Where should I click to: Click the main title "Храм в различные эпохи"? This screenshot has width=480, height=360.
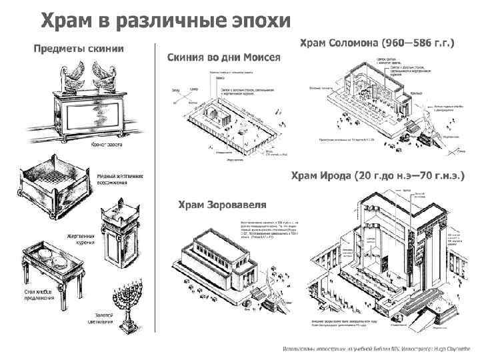coord(167,21)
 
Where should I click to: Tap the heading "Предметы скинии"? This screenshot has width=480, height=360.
coord(80,48)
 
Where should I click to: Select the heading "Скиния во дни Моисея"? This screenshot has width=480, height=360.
coord(223,57)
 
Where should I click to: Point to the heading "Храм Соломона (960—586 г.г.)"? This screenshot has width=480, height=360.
coord(377,43)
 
